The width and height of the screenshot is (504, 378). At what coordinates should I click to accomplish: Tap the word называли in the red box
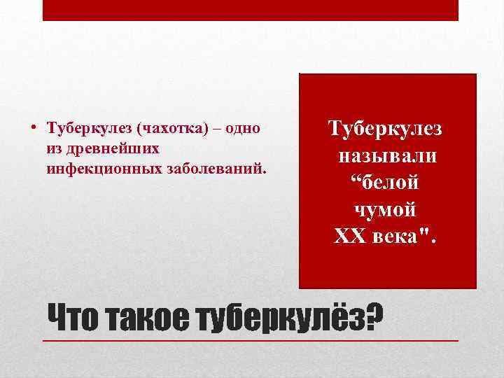click(387, 156)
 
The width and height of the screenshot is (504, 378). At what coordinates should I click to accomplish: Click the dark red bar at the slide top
click(251, 10)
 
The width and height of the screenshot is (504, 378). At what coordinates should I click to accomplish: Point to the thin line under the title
click(251, 340)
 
